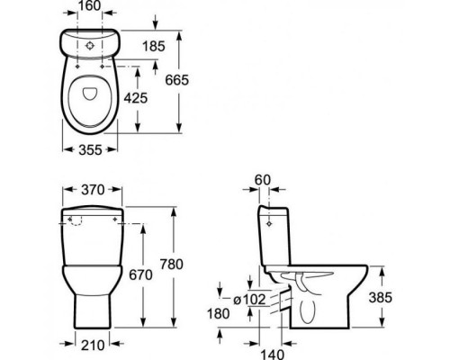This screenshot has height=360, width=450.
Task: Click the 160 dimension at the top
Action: pos(90,5)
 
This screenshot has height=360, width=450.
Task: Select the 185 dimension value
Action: pos(154,46)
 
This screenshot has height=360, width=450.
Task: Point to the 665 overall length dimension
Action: pos(177,80)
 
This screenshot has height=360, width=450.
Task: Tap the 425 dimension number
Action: pos(136,98)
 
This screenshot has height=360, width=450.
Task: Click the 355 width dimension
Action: pos(90,149)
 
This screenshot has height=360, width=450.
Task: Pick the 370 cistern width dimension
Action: pos(93,190)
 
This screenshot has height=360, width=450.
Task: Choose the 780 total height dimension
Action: pos(171,265)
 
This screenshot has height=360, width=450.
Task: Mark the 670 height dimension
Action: pos(140,274)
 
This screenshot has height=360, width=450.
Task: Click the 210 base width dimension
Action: pos(93,346)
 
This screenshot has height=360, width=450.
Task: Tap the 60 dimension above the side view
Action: pos(263,180)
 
